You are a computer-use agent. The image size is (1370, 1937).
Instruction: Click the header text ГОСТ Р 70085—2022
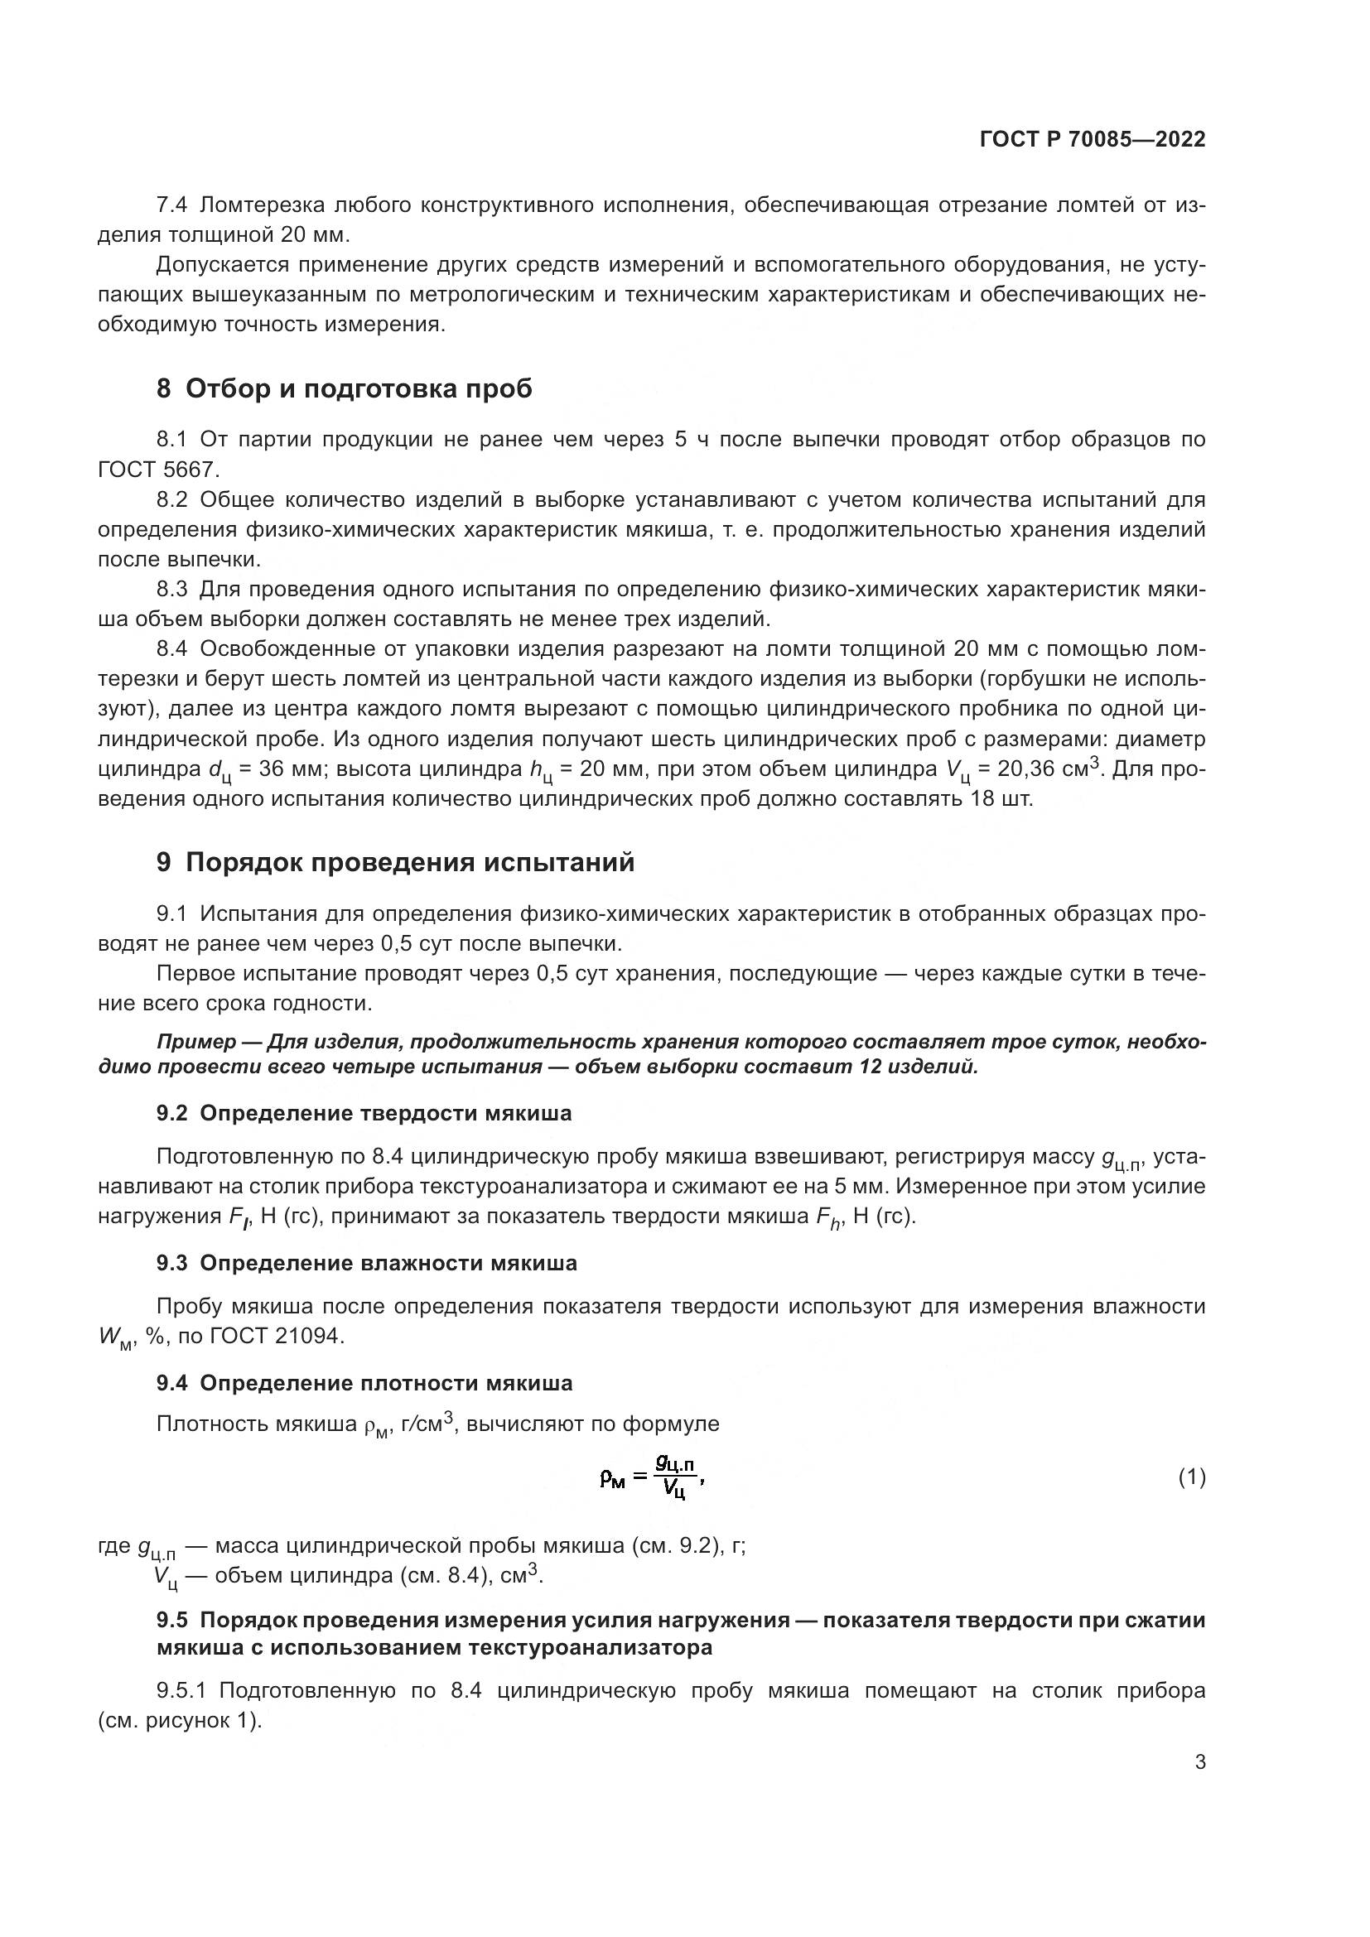(x=1093, y=140)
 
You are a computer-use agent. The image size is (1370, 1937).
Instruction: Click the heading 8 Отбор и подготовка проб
(x=345, y=389)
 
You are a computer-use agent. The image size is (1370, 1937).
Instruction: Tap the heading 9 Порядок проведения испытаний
(x=395, y=863)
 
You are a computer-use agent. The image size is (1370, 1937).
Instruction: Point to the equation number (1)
(x=1191, y=1477)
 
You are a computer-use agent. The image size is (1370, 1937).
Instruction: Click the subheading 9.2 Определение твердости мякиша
(x=364, y=1114)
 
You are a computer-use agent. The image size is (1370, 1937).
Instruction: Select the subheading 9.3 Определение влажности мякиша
(x=366, y=1263)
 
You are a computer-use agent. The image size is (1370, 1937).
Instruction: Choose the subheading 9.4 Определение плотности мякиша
(x=364, y=1384)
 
